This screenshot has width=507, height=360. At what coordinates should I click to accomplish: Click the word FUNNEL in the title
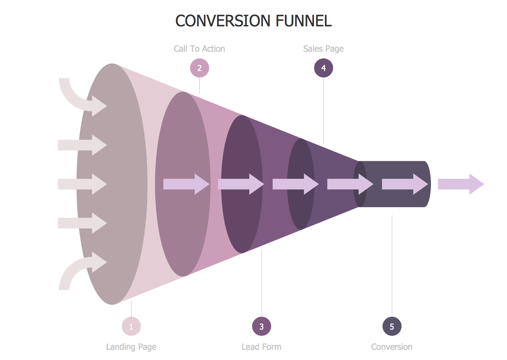pyautogui.click(x=304, y=21)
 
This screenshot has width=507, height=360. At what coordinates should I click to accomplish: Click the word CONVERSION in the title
pyautogui.click(x=223, y=21)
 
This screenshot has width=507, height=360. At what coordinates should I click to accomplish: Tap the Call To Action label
pyautogui.click(x=199, y=49)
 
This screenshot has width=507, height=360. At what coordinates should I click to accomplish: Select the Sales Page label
pyautogui.click(x=323, y=49)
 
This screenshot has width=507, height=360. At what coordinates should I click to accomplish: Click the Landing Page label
pyautogui.click(x=131, y=347)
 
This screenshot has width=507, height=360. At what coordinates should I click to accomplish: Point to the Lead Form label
pyautogui.click(x=261, y=347)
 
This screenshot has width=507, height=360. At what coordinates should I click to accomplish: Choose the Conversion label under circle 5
pyautogui.click(x=392, y=347)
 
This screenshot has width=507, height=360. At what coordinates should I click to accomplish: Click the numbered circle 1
pyautogui.click(x=131, y=327)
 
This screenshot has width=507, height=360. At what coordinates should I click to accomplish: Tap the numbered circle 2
pyautogui.click(x=199, y=68)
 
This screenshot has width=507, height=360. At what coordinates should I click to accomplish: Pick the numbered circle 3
pyautogui.click(x=262, y=327)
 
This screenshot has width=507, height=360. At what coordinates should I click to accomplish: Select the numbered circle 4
pyautogui.click(x=323, y=68)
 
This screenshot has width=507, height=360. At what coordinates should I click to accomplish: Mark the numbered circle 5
pyautogui.click(x=392, y=327)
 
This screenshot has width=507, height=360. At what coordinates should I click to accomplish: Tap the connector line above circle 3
pyautogui.click(x=262, y=284)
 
